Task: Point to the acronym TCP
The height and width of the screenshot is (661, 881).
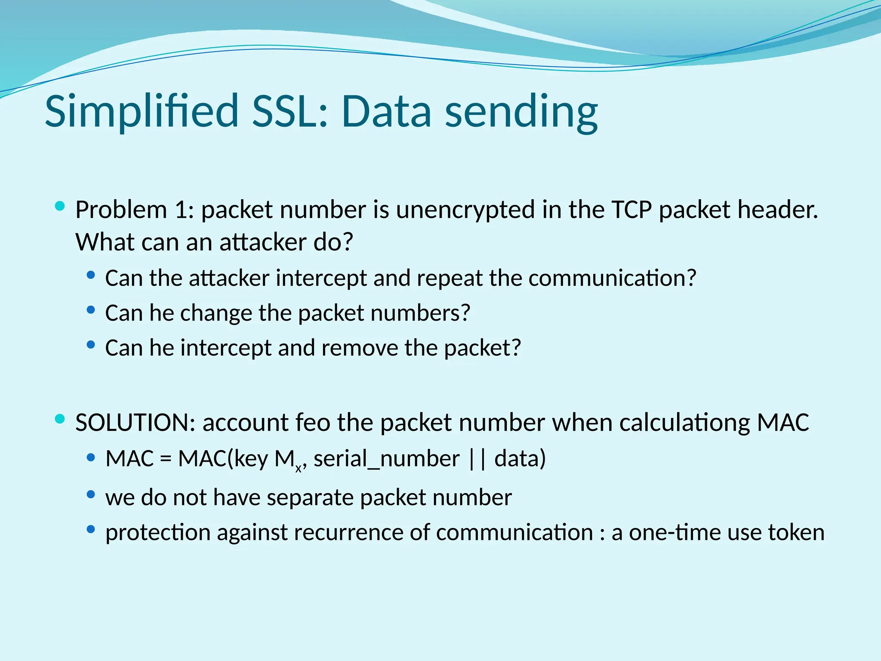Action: [631, 210]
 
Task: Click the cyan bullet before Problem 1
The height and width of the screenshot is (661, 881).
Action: [60, 206]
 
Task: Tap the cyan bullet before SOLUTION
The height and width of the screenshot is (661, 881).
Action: [60, 419]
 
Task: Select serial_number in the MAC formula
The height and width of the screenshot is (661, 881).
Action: [386, 459]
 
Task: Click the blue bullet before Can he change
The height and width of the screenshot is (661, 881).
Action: [90, 309]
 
